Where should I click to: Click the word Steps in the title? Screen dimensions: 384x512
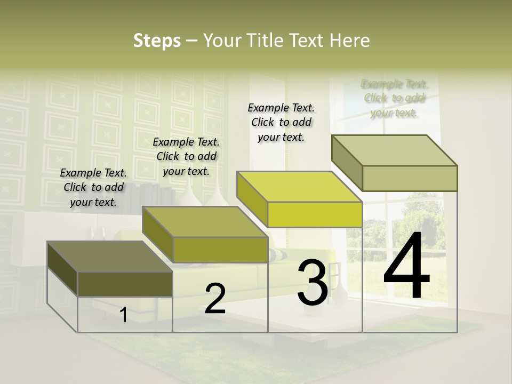click(x=157, y=41)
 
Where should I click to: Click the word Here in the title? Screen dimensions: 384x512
click(x=349, y=41)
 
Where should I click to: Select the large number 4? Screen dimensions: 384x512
click(x=406, y=266)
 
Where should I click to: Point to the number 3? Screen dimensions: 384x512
click(x=313, y=283)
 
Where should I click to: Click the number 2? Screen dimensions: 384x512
click(x=215, y=299)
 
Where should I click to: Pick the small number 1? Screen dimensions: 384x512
click(x=124, y=315)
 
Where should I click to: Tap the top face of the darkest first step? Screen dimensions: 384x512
click(x=110, y=257)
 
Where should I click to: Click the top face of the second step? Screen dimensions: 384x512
click(x=205, y=222)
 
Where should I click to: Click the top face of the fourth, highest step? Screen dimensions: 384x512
click(x=395, y=150)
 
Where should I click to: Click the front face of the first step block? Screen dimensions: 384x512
click(x=125, y=284)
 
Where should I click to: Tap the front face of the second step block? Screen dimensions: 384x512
click(x=220, y=250)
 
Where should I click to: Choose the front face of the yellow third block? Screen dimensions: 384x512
click(x=315, y=214)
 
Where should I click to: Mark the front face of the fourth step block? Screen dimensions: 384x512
click(x=410, y=178)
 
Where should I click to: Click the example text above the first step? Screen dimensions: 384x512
click(x=93, y=187)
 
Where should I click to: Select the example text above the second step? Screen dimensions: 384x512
click(x=186, y=156)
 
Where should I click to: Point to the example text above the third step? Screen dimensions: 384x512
click(x=281, y=122)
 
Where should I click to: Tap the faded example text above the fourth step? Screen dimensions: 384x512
click(x=394, y=98)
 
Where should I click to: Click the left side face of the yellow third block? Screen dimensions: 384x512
click(x=252, y=199)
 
